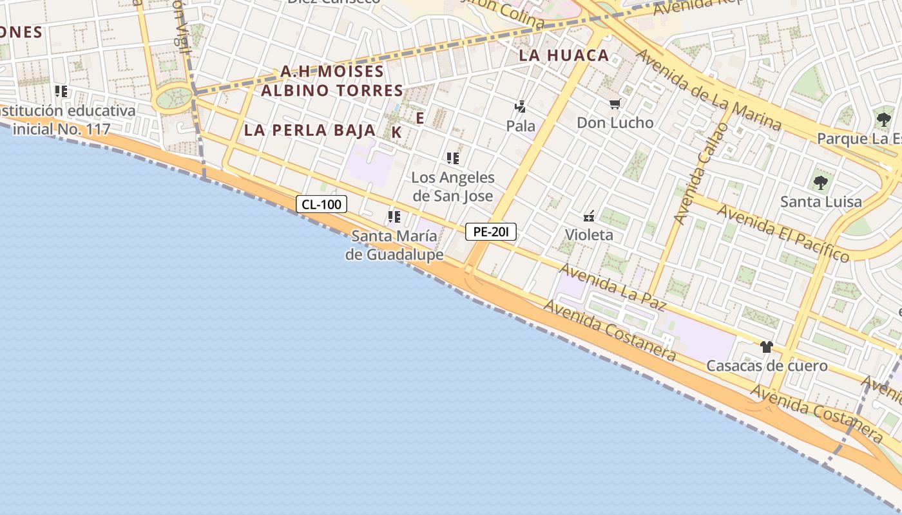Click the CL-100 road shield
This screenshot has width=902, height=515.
click(x=321, y=205)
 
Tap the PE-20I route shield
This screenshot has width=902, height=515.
click(x=491, y=232)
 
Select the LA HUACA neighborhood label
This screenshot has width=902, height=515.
click(x=564, y=55)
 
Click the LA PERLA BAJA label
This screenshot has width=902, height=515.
click(x=309, y=130)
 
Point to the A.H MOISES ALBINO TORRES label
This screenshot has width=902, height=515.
click(x=332, y=80)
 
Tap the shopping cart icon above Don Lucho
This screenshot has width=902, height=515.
click(x=615, y=104)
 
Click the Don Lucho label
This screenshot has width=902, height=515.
click(x=615, y=122)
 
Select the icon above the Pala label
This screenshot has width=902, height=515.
click(x=520, y=107)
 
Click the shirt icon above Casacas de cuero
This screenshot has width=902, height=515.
click(x=766, y=347)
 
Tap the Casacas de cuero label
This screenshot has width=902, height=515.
click(x=767, y=366)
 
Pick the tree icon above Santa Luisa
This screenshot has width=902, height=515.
click(x=820, y=183)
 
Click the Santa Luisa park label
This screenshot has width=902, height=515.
click(x=820, y=201)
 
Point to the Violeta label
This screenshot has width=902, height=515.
click(x=589, y=234)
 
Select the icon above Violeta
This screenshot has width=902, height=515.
click(x=588, y=216)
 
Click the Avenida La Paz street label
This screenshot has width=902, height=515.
click(x=612, y=287)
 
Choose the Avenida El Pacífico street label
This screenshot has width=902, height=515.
click(x=783, y=233)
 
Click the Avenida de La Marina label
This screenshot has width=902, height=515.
click(x=709, y=89)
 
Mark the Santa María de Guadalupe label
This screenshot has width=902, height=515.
click(x=394, y=245)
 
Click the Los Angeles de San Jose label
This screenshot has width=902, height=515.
click(x=453, y=187)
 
